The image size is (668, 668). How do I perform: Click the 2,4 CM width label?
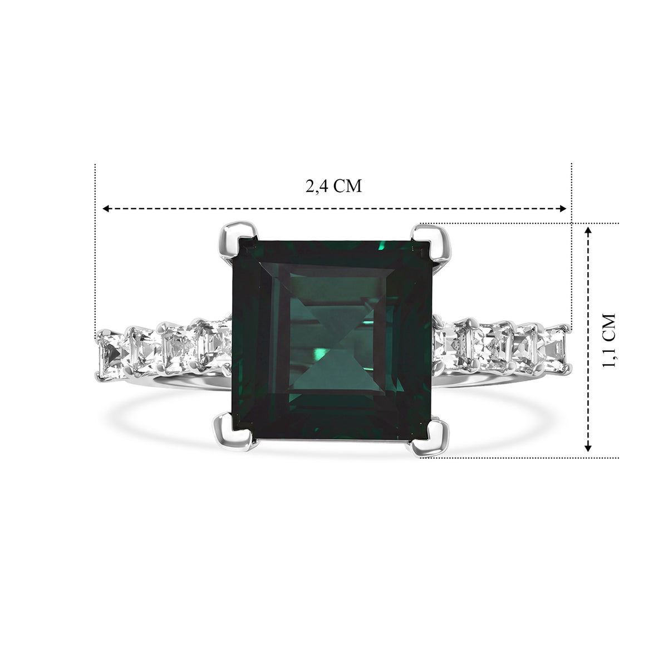click(x=333, y=186)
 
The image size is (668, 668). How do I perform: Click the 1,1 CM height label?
click(x=608, y=340)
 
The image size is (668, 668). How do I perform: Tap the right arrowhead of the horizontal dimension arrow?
click(x=562, y=208)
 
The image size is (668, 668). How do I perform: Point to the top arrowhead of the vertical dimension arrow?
click(x=588, y=231)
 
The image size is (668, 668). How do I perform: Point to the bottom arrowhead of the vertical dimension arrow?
click(x=588, y=448)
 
